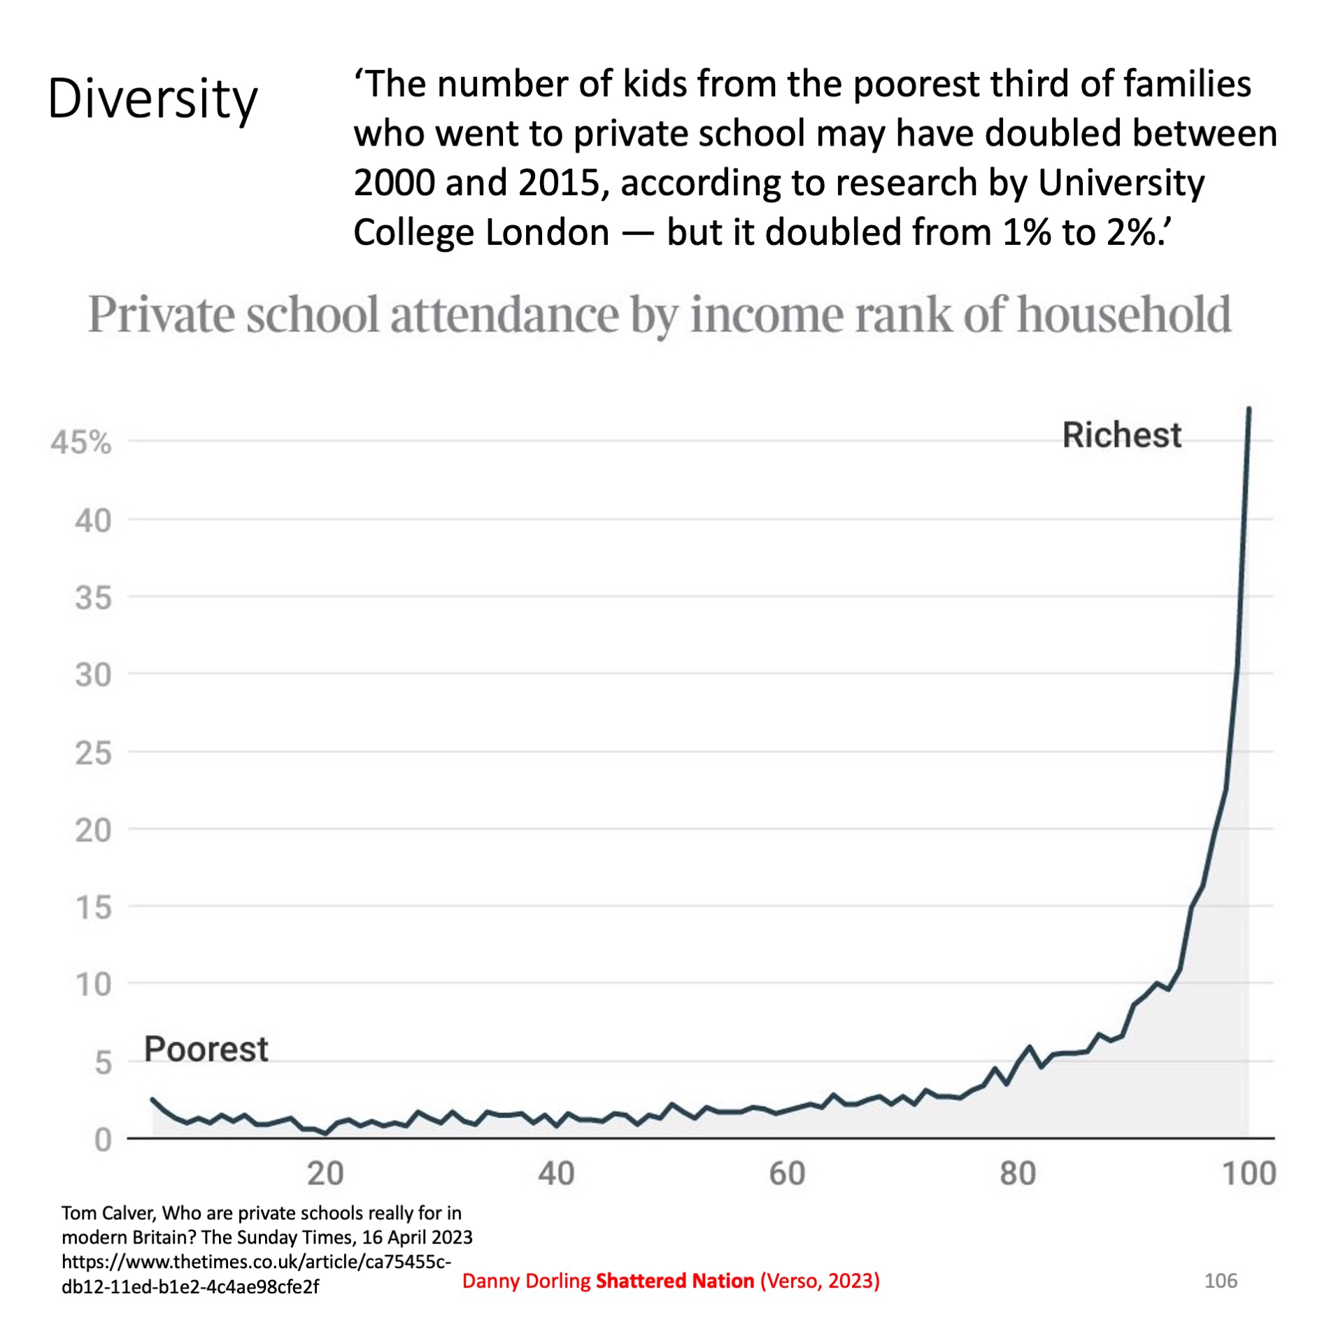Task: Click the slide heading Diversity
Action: [152, 99]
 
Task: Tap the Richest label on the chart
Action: [1121, 435]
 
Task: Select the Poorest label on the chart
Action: [206, 1049]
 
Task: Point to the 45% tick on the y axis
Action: [81, 443]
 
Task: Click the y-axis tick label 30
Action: [93, 675]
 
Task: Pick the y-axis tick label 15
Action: [93, 908]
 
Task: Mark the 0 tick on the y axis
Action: [102, 1140]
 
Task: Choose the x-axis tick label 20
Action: [325, 1174]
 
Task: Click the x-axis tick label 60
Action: [787, 1174]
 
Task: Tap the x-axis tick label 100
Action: [1249, 1174]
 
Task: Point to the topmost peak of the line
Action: [1249, 408]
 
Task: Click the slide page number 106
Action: [1221, 1281]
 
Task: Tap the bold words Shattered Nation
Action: [675, 1281]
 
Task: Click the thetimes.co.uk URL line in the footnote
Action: [256, 1262]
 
